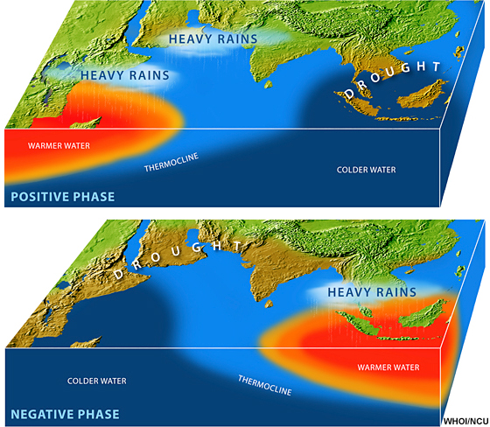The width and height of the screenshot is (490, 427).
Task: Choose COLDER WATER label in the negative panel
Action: tap(97, 381)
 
